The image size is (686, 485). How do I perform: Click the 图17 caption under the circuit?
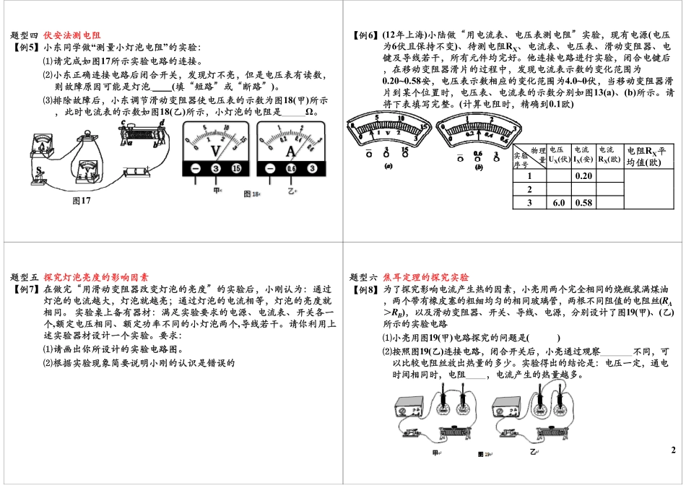tap(82, 201)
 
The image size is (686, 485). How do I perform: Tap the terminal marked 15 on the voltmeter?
tap(236, 168)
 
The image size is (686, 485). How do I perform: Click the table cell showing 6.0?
tap(558, 203)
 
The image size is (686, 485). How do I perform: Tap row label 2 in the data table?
tap(529, 189)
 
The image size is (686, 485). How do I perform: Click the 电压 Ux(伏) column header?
tap(559, 154)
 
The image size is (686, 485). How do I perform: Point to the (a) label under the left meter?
tap(388, 166)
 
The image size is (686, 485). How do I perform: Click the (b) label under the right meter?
tap(478, 167)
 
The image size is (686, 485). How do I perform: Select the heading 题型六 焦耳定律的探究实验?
tap(409, 277)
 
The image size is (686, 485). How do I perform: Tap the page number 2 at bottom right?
tap(672, 450)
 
